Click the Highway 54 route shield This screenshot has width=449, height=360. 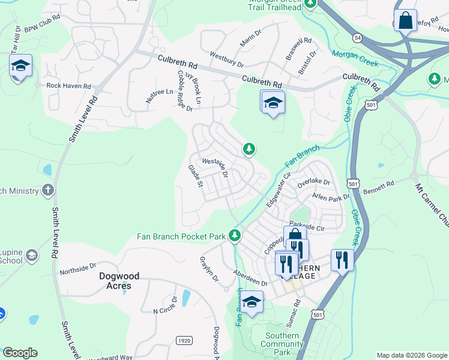point(358,38)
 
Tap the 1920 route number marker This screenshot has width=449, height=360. point(184,341)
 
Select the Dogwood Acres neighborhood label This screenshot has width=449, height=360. point(119,281)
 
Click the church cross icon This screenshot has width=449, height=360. point(48,191)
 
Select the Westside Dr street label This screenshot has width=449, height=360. point(215,166)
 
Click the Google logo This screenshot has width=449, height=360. point(20,353)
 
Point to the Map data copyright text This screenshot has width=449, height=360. point(411,355)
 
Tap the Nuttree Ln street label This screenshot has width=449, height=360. point(160,95)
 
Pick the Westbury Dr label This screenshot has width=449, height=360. point(226,59)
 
